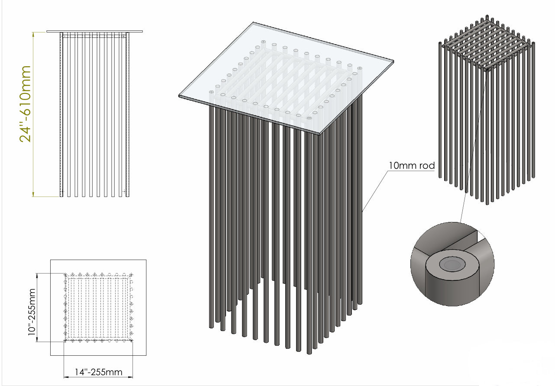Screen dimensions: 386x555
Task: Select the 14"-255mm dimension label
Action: tap(98, 372)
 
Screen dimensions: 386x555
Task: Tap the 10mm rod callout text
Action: tap(411, 165)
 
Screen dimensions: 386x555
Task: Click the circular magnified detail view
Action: tap(452, 264)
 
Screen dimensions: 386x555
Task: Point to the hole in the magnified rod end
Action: tap(450, 264)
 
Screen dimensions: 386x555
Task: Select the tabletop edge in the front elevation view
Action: tap(94, 31)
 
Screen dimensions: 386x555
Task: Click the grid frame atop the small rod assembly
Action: tap(487, 48)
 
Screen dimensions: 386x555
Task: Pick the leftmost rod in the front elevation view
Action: tap(61, 115)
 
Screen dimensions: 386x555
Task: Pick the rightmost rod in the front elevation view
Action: tap(128, 115)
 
